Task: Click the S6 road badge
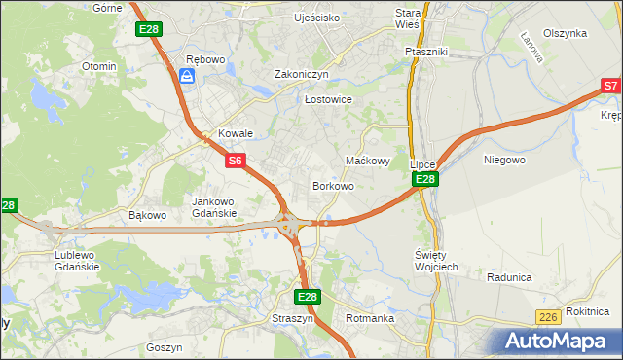(235, 161)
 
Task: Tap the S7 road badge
(610, 87)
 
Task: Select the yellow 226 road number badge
(547, 317)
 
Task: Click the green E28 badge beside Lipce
(424, 180)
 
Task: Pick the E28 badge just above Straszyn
(307, 297)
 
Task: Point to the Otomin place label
(99, 66)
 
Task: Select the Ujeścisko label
(316, 18)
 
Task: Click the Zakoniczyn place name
(302, 74)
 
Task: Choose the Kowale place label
(236, 133)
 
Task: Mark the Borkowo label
(332, 185)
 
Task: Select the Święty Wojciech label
(429, 260)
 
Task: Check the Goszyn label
(164, 346)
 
